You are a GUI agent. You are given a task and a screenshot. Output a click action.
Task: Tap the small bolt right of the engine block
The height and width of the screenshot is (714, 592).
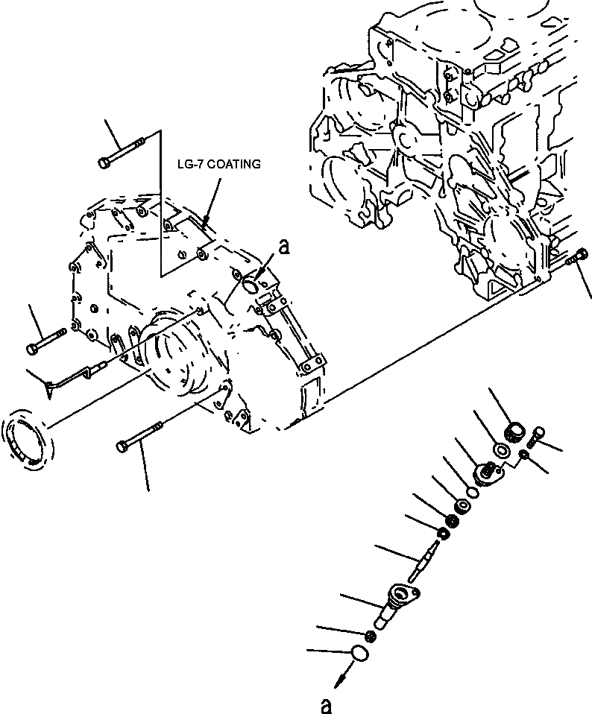579,256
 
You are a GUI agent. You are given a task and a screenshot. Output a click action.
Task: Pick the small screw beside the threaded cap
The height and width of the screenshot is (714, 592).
536,436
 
